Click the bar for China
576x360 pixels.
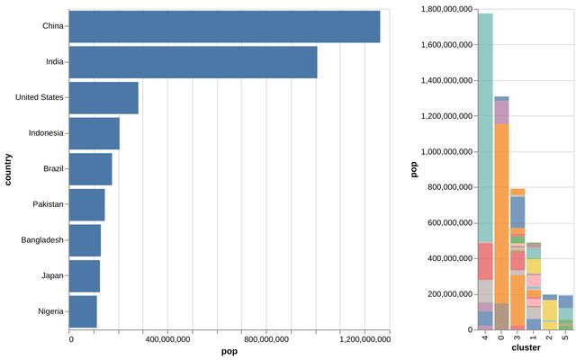[224, 26]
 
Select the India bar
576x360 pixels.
[193, 62]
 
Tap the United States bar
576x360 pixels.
[103, 97]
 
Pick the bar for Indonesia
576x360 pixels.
[94, 133]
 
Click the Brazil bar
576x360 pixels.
[90, 168]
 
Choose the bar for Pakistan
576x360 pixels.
[86, 204]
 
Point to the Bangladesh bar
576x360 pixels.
[85, 240]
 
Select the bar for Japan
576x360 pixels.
[84, 275]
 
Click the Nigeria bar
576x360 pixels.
[83, 311]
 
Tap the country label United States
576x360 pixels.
[39, 97]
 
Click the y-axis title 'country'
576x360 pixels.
[8, 169]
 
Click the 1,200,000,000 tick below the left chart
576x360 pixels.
[364, 340]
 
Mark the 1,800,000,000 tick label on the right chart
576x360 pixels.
[446, 9]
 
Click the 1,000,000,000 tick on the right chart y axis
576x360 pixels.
[446, 151]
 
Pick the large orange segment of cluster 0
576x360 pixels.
[501, 225]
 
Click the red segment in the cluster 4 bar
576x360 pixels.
[485, 261]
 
